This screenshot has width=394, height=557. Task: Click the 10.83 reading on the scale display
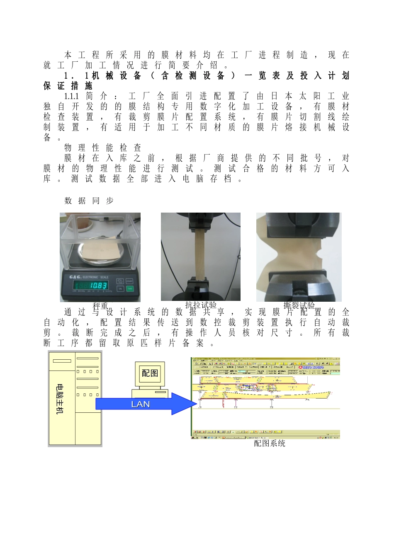pos(99,285)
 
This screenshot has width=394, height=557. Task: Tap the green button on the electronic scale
pos(130,289)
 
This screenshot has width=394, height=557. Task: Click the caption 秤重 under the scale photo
pos(100,306)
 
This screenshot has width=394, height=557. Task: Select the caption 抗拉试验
pos(201,305)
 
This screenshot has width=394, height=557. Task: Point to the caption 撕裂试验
pos(299,305)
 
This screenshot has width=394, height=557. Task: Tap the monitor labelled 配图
pos(150,373)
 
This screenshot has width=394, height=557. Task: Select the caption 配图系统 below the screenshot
pos(270,443)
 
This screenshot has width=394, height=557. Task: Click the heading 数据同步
pos(89,201)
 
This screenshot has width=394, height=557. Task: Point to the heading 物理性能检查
pos(103,148)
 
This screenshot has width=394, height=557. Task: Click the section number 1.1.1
pos(71,96)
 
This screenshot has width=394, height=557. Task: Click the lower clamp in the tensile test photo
pos(200,288)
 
